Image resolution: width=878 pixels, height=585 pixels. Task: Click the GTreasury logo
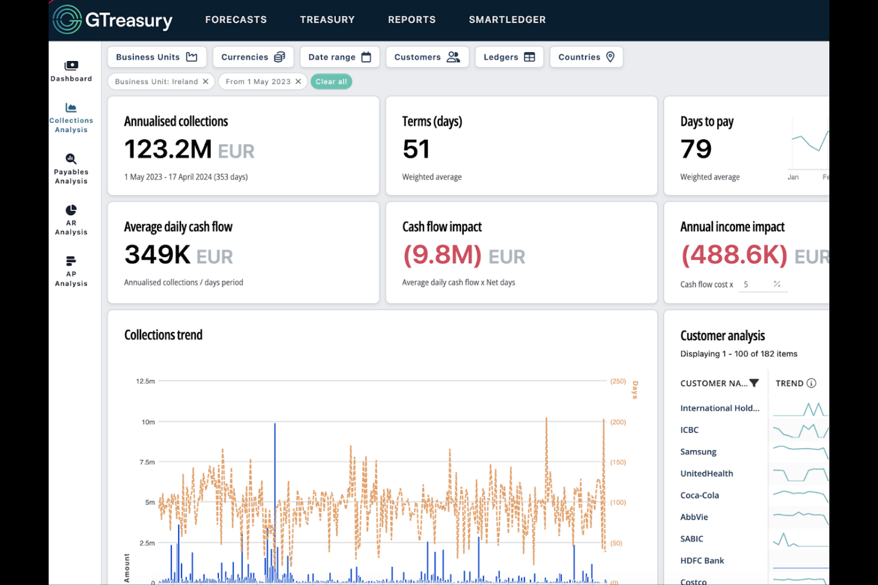[x=113, y=20]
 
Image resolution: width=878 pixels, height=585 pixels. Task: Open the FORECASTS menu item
[x=236, y=20]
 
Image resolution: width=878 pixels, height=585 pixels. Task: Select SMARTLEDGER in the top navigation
[x=507, y=20]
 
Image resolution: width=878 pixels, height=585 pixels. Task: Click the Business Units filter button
[x=157, y=57]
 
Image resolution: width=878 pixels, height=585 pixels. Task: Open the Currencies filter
[x=253, y=57]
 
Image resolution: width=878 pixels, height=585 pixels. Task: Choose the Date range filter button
[x=339, y=57]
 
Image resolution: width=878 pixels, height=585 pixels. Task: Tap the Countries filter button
[x=586, y=57]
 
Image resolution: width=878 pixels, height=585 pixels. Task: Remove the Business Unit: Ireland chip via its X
[x=205, y=82]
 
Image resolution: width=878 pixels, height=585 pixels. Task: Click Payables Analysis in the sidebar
[x=71, y=168]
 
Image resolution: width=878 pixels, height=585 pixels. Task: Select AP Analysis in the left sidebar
[x=71, y=271]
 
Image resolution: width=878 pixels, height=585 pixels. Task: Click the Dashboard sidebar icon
[x=71, y=70]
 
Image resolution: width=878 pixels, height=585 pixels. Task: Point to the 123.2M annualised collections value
[x=168, y=149]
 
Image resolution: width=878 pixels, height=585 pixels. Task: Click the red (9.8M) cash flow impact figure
[x=442, y=255]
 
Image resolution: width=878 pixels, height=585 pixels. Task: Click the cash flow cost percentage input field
[x=756, y=284]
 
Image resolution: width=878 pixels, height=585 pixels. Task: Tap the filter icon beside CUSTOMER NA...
[x=754, y=383]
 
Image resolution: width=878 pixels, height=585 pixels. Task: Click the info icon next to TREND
[x=812, y=383]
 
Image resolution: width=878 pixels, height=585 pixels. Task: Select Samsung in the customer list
[x=698, y=452]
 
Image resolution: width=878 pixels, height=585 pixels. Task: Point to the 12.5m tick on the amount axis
[x=145, y=381]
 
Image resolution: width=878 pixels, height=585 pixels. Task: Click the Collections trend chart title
[x=163, y=335]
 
